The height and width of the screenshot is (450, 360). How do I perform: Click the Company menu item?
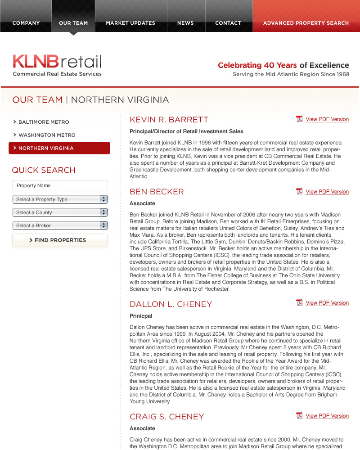tap(26, 23)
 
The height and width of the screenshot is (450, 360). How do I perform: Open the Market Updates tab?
tap(130, 23)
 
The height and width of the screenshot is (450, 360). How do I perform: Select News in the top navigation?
tap(185, 23)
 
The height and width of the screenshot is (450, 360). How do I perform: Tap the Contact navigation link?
tap(228, 23)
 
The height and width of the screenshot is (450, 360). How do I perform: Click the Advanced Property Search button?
tap(306, 23)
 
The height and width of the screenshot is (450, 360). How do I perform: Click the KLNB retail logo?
tap(57, 65)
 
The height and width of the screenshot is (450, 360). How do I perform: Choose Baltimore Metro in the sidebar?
tap(44, 122)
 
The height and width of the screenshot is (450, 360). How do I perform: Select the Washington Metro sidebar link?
tap(47, 135)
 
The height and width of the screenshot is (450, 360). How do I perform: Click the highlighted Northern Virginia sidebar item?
tap(59, 148)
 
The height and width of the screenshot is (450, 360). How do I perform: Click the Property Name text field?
tap(60, 185)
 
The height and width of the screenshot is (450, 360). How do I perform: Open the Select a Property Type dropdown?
tap(60, 199)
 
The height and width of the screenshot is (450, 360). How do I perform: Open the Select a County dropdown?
tap(60, 212)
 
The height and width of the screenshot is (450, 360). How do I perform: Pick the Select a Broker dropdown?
tap(60, 225)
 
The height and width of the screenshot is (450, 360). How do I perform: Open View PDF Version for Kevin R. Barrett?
tap(327, 119)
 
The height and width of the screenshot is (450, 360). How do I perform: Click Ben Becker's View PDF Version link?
tap(327, 192)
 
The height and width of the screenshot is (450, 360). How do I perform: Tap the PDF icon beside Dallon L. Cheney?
tap(299, 303)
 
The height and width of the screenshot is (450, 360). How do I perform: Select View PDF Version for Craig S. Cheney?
tap(327, 416)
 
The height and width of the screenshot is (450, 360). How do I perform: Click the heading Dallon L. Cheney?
tap(171, 304)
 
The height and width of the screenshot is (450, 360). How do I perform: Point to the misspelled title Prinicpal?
tap(141, 316)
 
